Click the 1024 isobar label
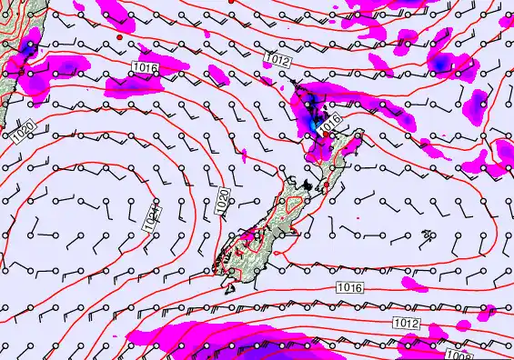154,215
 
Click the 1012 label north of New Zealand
279,58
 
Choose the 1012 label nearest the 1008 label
407,324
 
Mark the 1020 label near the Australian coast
25,135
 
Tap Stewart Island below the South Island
227,289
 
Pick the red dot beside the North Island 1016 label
326,134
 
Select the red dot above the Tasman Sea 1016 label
119,39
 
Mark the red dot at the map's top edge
232,3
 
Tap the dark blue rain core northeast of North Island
440,64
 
